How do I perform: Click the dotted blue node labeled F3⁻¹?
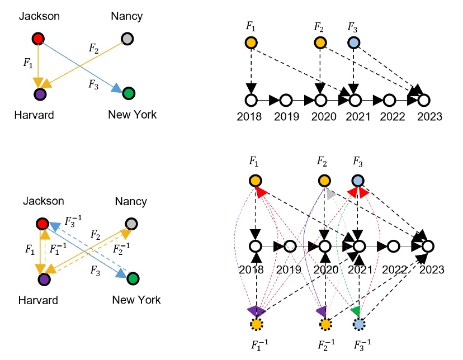tap(359, 324)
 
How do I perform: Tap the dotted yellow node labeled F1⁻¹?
tap(256, 324)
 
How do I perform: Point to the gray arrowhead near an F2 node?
tap(330, 195)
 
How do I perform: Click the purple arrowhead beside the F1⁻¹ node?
tap(256, 311)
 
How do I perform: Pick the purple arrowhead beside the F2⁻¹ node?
tap(321, 310)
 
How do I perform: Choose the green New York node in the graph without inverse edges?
tap(129, 93)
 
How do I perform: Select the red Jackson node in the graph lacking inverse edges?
tap(38, 39)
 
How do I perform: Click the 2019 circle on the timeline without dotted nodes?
tap(285, 101)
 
